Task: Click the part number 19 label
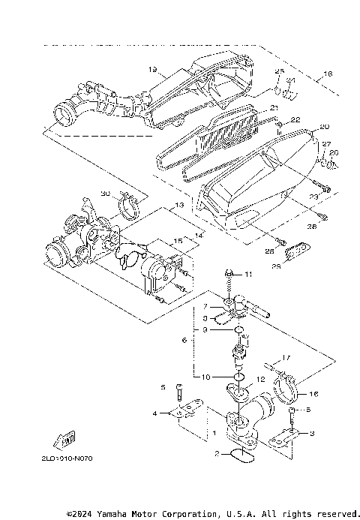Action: [152, 69]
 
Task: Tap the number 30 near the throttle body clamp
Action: [106, 194]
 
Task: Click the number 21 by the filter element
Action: [274, 108]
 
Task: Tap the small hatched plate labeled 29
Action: [299, 248]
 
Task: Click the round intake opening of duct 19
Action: [64, 117]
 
